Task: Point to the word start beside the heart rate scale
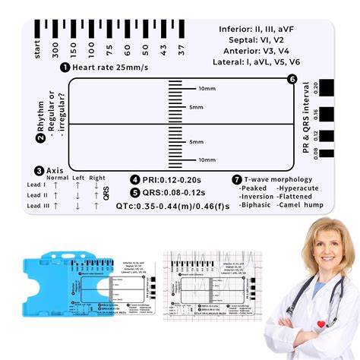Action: coord(36,50)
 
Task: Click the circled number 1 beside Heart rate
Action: coord(65,68)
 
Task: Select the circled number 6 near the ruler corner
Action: coord(292,79)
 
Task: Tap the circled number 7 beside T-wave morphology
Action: coord(237,180)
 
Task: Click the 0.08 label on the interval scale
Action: coord(315,152)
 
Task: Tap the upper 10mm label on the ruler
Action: coord(206,88)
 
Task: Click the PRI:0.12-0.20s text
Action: coord(168,180)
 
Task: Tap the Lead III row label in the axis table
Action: coord(37,206)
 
